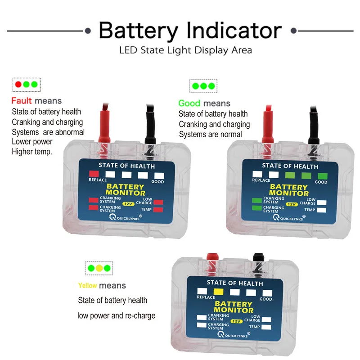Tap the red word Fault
pyautogui.click(x=22, y=100)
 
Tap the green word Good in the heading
pyautogui.click(x=189, y=103)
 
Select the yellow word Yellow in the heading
pyautogui.click(x=87, y=285)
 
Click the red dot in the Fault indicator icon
pyautogui.click(x=18, y=84)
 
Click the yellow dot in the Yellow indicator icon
pyautogui.click(x=99, y=268)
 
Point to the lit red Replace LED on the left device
pyautogui.click(x=94, y=174)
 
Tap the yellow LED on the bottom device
pyautogui.click(x=218, y=291)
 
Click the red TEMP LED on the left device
pyautogui.click(x=158, y=210)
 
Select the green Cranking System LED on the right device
pyautogui.click(x=257, y=201)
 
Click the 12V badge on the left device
pyautogui.click(x=128, y=204)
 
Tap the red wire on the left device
pyautogui.click(x=104, y=123)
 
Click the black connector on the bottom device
pyautogui.click(x=257, y=258)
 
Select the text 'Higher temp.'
pyautogui.click(x=32, y=152)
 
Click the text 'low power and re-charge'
pyautogui.click(x=116, y=315)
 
